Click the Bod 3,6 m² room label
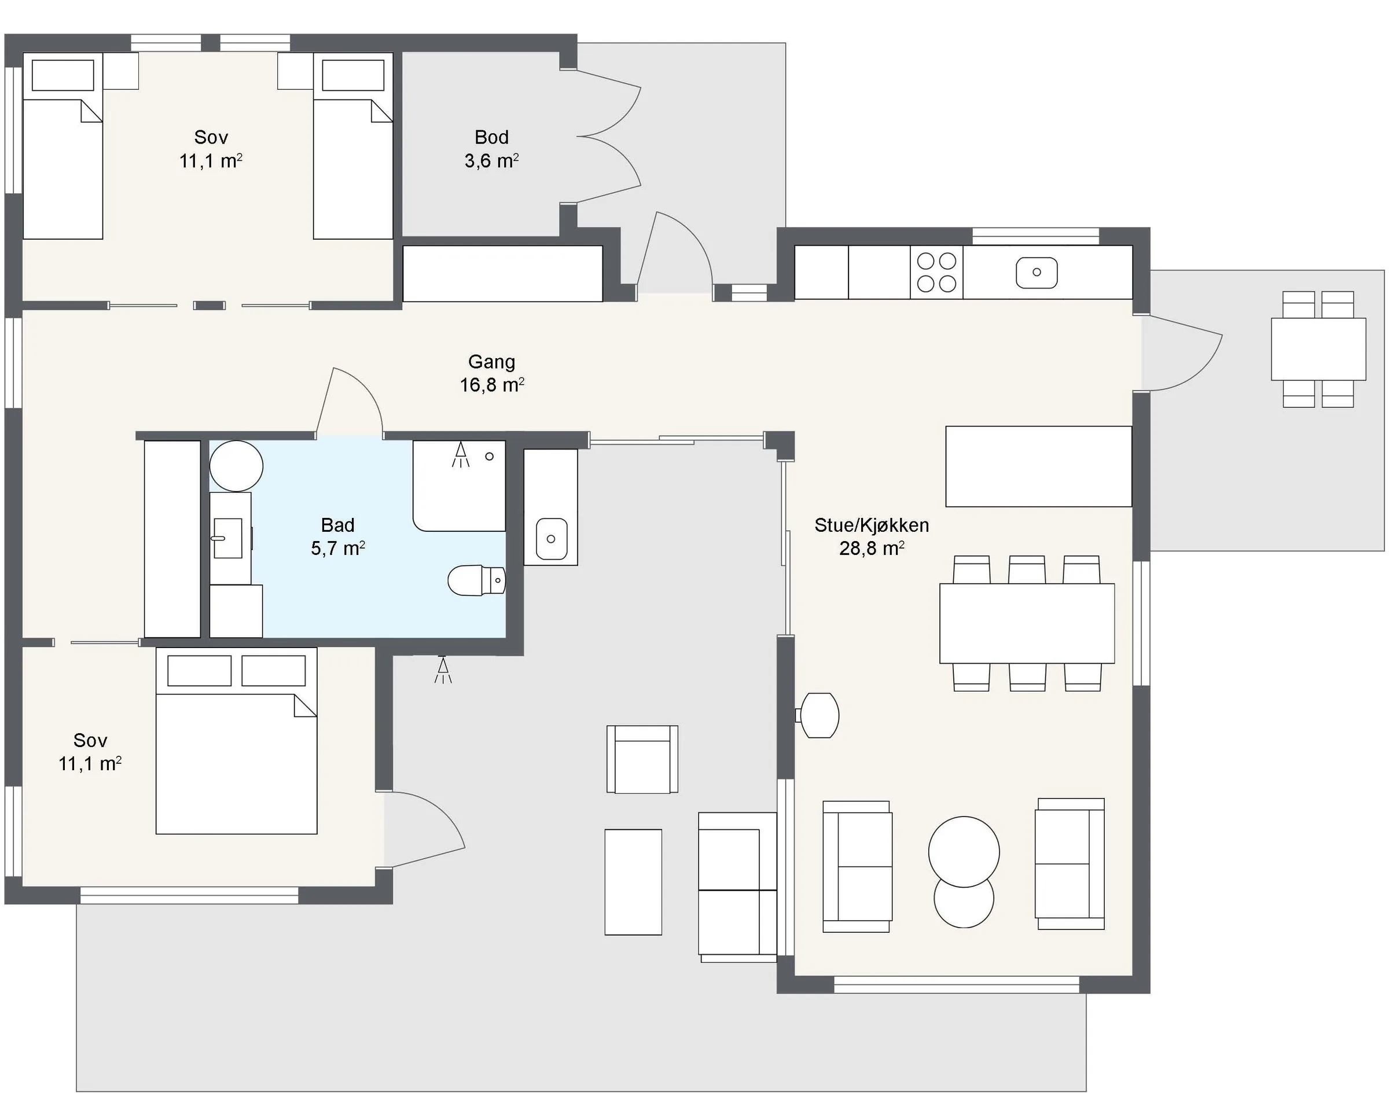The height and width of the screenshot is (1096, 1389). [x=492, y=149]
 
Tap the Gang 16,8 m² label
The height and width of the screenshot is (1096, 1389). [x=492, y=373]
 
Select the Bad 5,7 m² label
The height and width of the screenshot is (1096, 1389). [x=337, y=536]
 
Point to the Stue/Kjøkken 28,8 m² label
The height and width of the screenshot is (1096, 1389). [x=872, y=536]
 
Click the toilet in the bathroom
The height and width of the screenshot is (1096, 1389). [x=476, y=580]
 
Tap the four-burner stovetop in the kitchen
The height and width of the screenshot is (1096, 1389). [x=936, y=272]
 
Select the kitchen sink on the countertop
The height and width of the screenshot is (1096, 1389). [x=1037, y=272]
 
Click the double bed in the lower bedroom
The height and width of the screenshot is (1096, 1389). [x=236, y=741]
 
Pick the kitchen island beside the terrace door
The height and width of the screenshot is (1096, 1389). [x=1038, y=466]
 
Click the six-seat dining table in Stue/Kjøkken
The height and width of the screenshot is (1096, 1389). [x=1027, y=623]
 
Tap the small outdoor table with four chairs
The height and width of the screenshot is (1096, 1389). [x=1318, y=349]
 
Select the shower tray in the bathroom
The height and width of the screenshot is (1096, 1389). [x=459, y=486]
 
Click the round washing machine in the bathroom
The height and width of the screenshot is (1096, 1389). [x=236, y=466]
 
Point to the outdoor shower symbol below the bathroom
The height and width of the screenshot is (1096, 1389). [x=442, y=670]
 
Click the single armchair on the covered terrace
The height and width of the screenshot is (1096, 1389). [x=642, y=760]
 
